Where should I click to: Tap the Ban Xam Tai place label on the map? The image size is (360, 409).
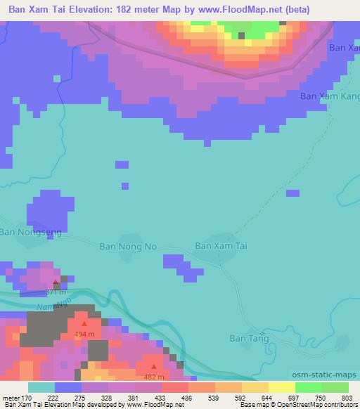coord(221,246)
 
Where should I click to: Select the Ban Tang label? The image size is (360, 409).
coord(249,338)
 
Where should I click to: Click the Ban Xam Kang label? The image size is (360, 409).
coord(329,96)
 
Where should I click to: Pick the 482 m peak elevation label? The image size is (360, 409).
coord(154,376)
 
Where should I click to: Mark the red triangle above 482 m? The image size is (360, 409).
coord(154,366)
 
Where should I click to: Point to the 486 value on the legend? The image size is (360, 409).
coord(174,398)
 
